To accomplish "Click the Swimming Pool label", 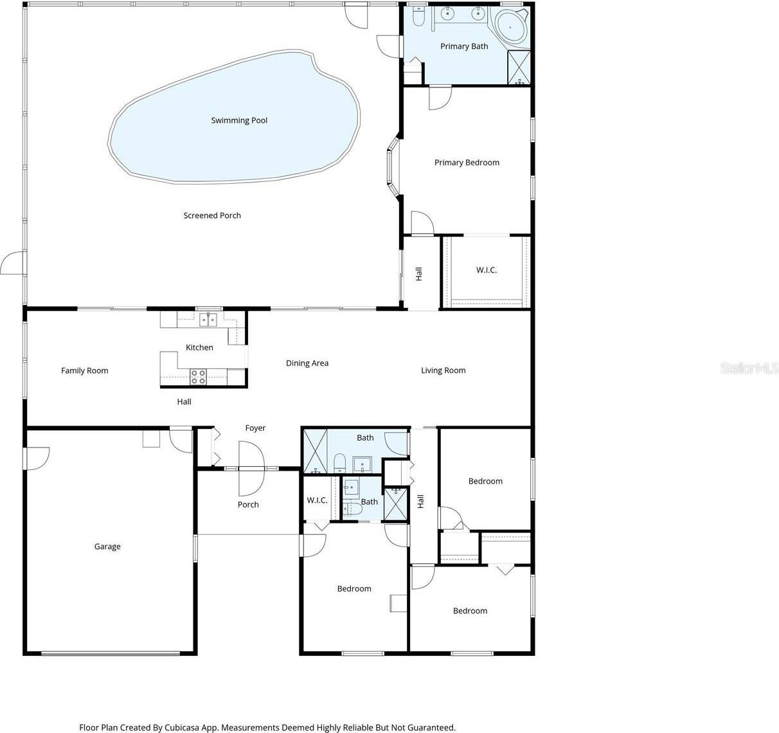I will click(239, 120).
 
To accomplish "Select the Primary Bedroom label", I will click(467, 163).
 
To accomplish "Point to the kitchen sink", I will click(207, 319).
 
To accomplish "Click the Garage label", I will click(107, 547).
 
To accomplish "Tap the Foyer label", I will click(255, 428).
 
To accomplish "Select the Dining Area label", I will click(307, 363).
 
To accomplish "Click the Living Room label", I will click(443, 370).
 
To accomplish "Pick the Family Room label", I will click(85, 370).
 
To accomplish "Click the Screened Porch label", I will click(212, 215).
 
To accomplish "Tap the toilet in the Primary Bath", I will click(418, 17).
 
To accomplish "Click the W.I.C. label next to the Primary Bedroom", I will click(487, 270).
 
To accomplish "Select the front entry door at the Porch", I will click(251, 467).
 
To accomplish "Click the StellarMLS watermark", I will click(749, 368).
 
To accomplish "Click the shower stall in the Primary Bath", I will click(519, 67).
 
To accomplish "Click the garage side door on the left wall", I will click(36, 458).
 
